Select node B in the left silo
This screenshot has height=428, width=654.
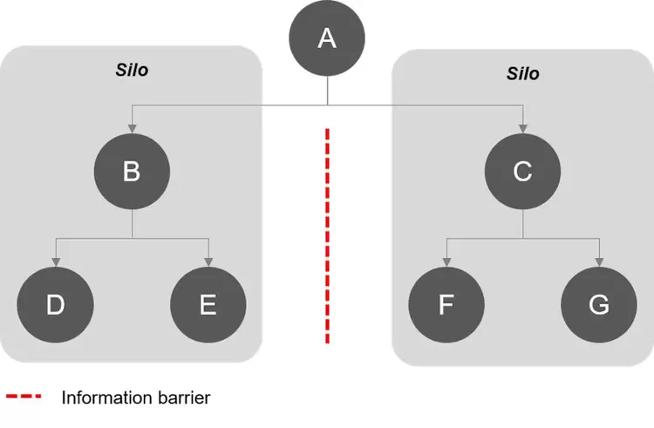pos(131,171)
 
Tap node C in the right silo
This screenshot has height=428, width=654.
pos(522,171)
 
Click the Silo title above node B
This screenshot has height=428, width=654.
pos(132,70)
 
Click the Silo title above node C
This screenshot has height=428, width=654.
pos(522,73)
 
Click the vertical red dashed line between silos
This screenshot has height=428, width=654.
pos(327,235)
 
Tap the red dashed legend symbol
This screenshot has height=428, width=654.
pos(24,397)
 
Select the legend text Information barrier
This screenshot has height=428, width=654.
pos(136,398)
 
